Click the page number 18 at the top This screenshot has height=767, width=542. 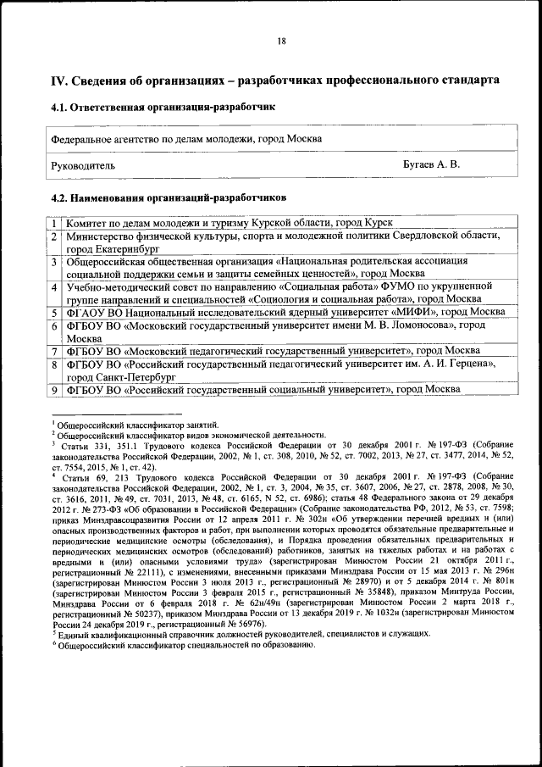pyautogui.click(x=281, y=42)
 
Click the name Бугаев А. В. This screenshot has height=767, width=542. pyautogui.click(x=431, y=164)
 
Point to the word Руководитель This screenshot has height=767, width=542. pyautogui.click(x=83, y=165)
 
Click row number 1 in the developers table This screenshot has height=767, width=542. pyautogui.click(x=53, y=223)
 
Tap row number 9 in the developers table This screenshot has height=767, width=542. pyautogui.click(x=53, y=389)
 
